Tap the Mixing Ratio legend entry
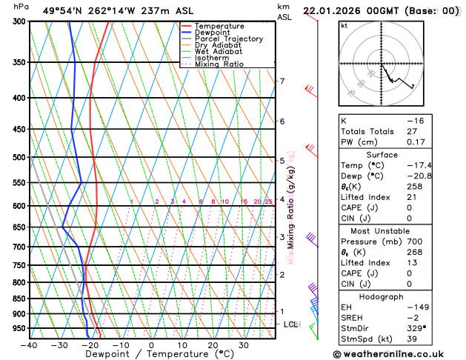pos(219,64)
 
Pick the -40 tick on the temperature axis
pos(29,345)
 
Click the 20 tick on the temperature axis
pos(213,345)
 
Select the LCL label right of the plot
pos(290,324)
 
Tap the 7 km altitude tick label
pos(282,81)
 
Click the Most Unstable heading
pos(398,231)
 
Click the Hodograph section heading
pos(398,296)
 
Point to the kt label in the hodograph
pos(344,25)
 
